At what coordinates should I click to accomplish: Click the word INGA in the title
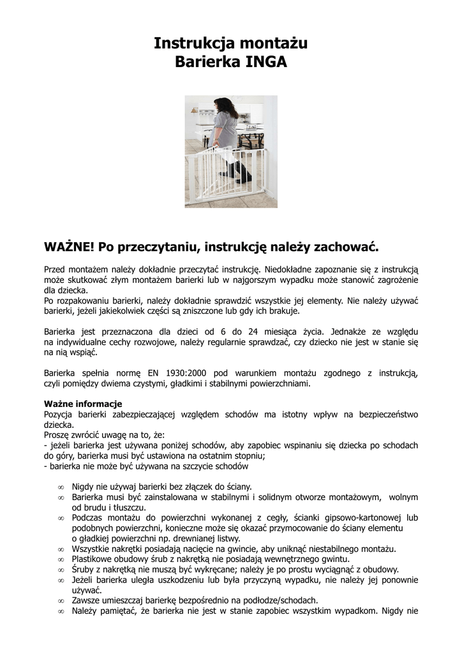tap(267, 63)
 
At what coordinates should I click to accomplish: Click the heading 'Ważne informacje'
tap(83, 404)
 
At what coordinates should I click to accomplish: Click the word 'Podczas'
tap(89, 517)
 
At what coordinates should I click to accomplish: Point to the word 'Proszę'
tap(58, 434)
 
